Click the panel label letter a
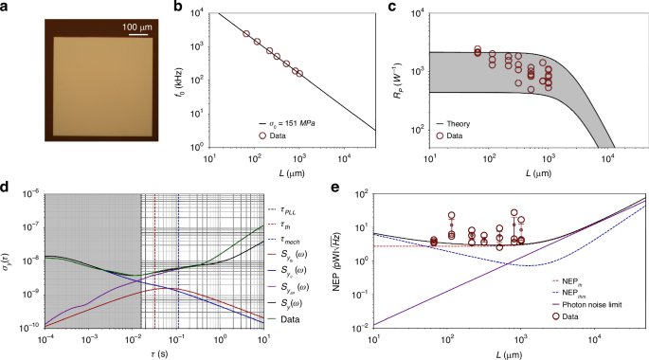coord(5,7)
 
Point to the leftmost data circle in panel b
coord(246,34)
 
